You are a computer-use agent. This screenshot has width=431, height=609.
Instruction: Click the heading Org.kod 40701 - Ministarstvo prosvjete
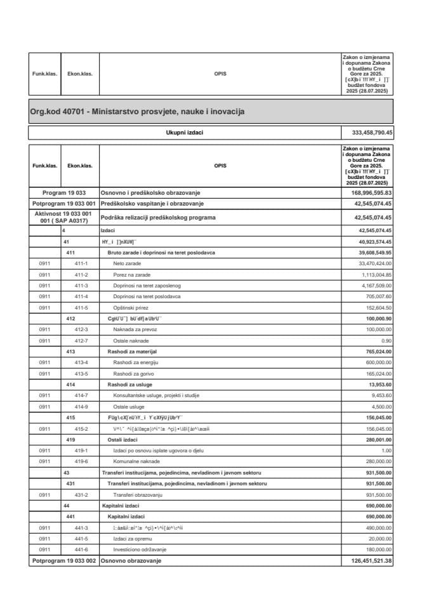(137, 112)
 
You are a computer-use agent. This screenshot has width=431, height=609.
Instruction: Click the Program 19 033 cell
(63, 192)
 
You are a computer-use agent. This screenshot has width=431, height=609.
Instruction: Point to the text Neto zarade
(126, 263)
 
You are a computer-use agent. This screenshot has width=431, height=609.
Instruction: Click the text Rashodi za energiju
(135, 362)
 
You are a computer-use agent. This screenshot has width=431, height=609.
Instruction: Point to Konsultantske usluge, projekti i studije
(156, 395)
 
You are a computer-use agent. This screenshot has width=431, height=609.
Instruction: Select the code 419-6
(81, 461)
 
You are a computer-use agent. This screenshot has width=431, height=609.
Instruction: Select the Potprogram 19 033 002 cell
(63, 561)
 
